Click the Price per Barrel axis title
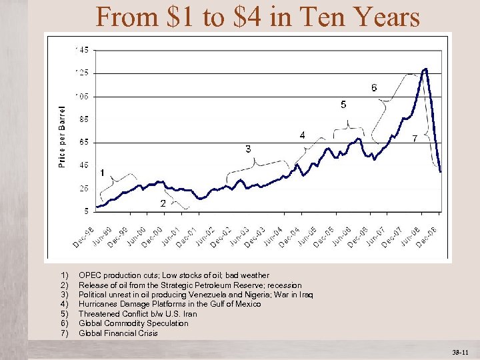point(62,136)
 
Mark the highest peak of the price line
point(425,69)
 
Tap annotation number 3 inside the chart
point(248,149)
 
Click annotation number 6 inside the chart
point(374,88)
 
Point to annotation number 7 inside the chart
point(415,139)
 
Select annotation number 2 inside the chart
point(163,203)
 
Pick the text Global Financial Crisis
point(118,333)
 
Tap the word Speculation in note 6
point(166,323)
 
